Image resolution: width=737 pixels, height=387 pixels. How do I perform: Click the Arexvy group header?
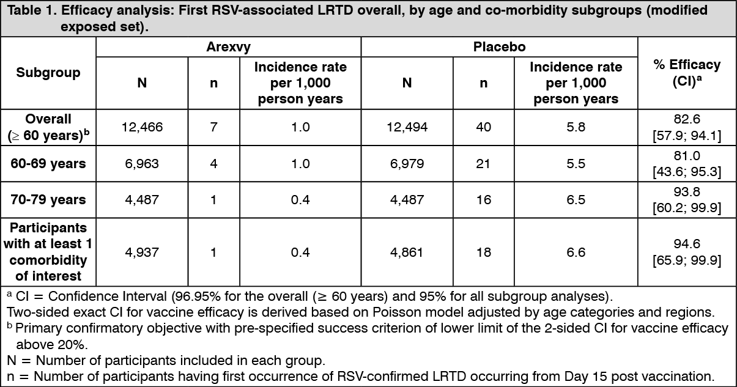tap(228, 46)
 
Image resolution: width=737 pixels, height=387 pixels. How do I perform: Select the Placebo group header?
tap(499, 46)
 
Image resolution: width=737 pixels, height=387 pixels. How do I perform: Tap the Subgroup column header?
tap(48, 73)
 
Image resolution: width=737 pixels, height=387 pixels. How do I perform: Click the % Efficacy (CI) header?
tap(687, 73)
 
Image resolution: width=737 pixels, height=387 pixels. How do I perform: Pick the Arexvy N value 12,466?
tap(142, 127)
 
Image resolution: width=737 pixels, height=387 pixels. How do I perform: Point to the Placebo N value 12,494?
tap(407, 127)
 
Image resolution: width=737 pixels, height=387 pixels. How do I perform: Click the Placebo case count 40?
tap(483, 127)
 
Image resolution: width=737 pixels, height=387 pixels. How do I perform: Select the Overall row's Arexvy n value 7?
tap(213, 127)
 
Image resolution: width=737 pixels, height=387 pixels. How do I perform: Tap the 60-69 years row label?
tap(48, 163)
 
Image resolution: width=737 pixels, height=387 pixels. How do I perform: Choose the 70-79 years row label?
tap(48, 199)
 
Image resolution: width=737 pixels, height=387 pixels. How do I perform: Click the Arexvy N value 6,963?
tap(142, 163)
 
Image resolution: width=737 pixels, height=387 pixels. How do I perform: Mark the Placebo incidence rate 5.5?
tap(576, 163)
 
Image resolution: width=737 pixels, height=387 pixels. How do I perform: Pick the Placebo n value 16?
tap(483, 199)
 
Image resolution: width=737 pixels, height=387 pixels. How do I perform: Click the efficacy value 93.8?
tap(687, 192)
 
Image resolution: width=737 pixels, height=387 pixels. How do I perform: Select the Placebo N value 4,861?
tap(407, 252)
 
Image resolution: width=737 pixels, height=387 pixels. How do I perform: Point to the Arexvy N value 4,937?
tap(142, 252)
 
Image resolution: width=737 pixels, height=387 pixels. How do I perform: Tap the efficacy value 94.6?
tap(687, 244)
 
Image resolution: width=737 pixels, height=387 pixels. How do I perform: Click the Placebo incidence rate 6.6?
tap(576, 252)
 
